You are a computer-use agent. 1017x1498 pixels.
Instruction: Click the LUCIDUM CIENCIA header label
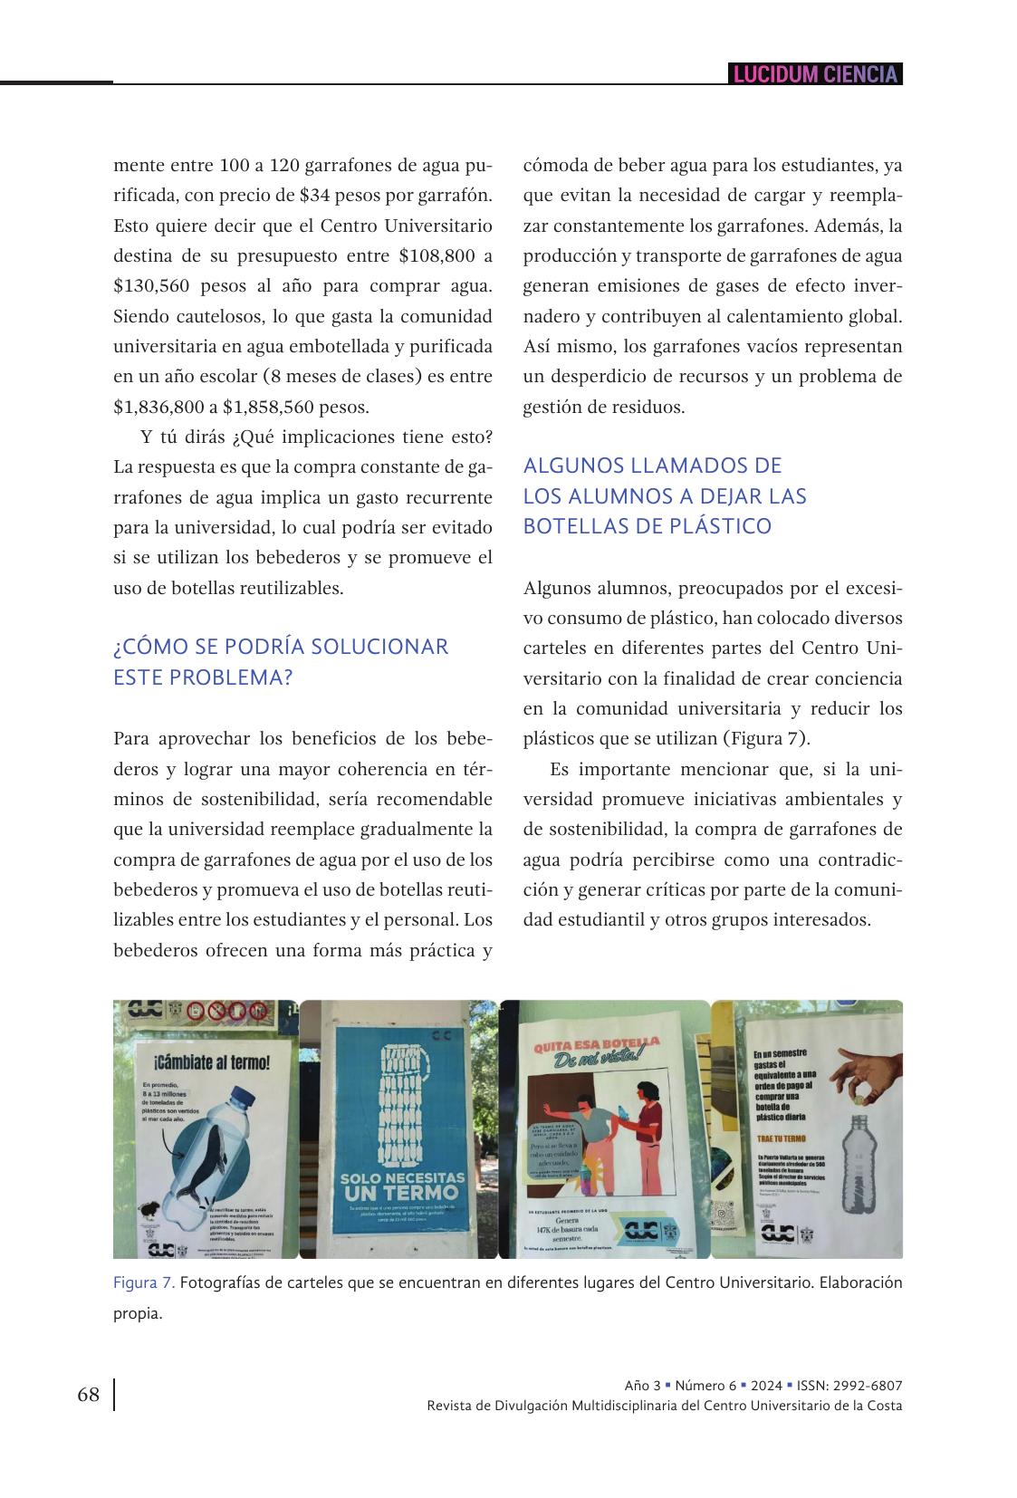tap(814, 74)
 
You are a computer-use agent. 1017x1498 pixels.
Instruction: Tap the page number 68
tap(89, 1394)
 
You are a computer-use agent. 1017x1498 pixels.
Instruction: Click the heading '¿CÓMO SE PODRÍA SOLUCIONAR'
tap(281, 647)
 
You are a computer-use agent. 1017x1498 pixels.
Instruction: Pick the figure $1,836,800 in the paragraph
tap(158, 407)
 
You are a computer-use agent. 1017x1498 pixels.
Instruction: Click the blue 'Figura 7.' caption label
tap(144, 1282)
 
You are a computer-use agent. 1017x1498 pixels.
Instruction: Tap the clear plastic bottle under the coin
tap(859, 1163)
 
